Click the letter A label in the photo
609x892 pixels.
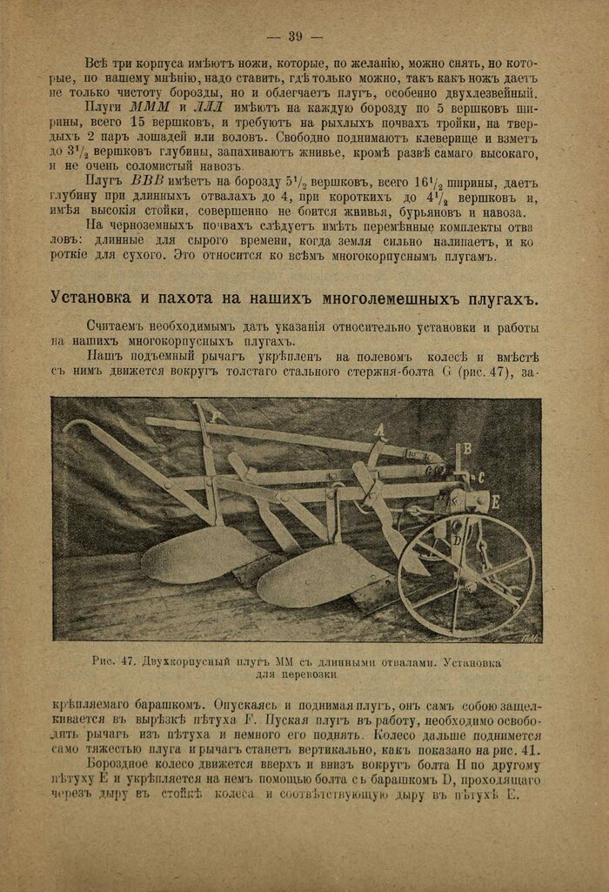click(380, 428)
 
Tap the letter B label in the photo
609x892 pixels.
click(467, 448)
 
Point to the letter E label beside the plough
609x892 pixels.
click(494, 500)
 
